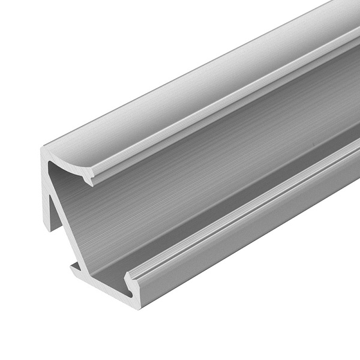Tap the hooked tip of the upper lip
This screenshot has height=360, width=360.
point(90,183)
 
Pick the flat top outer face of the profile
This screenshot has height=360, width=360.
point(180,78)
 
